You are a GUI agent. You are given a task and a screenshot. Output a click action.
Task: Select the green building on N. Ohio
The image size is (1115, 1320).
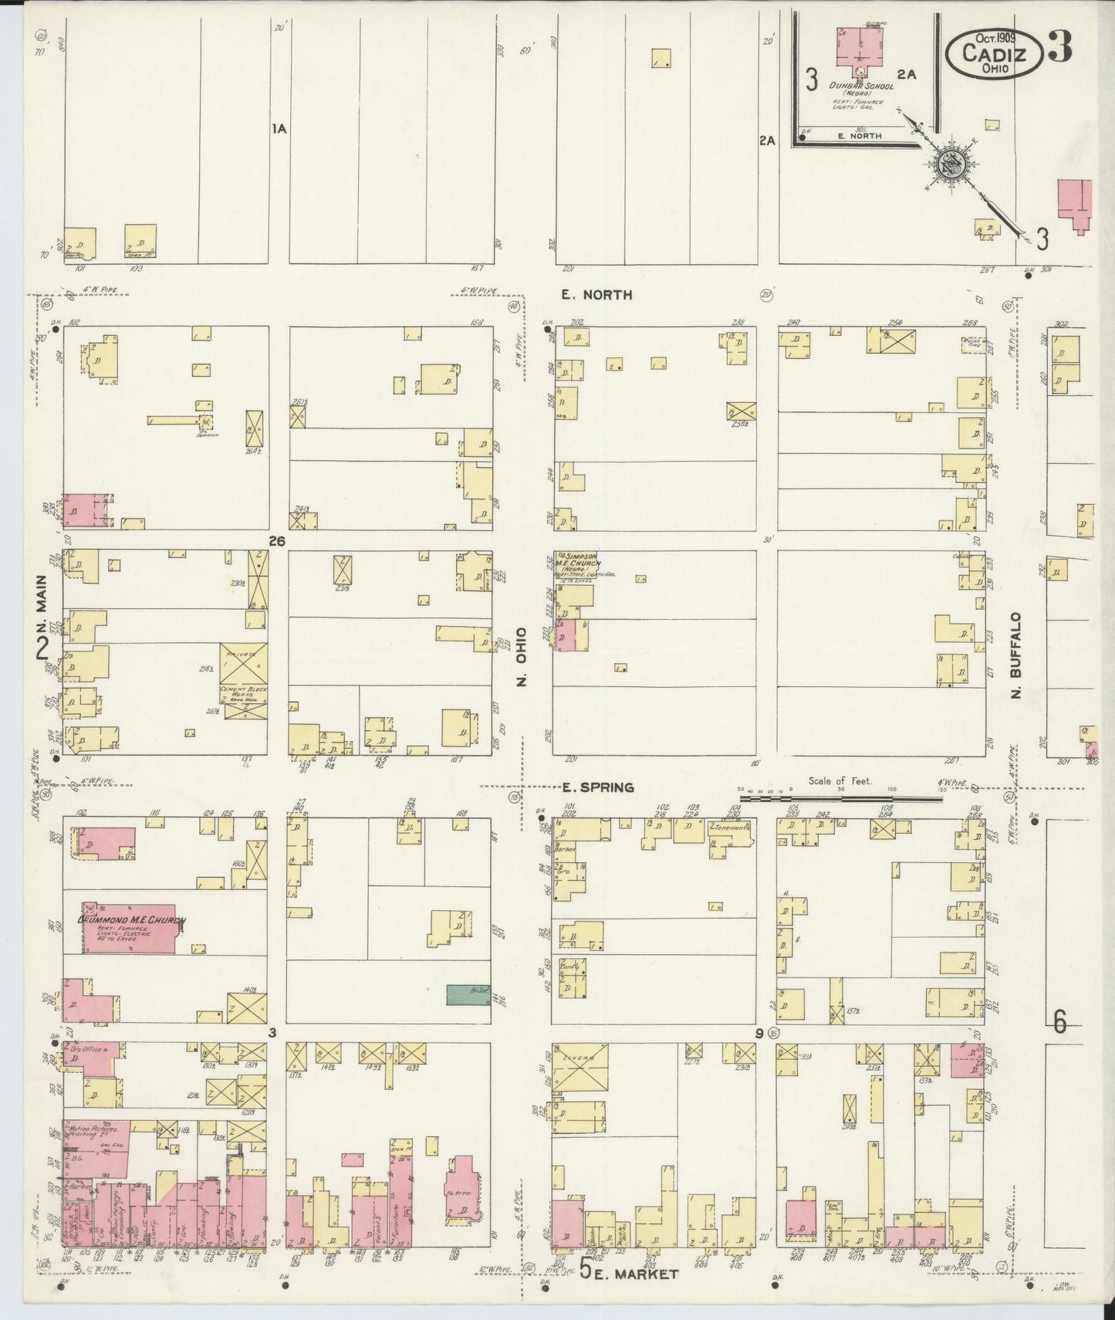[468, 995]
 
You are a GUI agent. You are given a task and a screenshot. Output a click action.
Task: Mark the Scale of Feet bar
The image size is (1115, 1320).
[841, 798]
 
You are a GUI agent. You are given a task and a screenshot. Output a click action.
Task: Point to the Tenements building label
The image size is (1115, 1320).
[731, 828]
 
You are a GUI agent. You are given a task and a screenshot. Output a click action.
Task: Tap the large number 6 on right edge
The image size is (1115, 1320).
[1060, 1024]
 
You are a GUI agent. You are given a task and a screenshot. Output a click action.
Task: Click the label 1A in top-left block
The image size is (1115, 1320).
[279, 129]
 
